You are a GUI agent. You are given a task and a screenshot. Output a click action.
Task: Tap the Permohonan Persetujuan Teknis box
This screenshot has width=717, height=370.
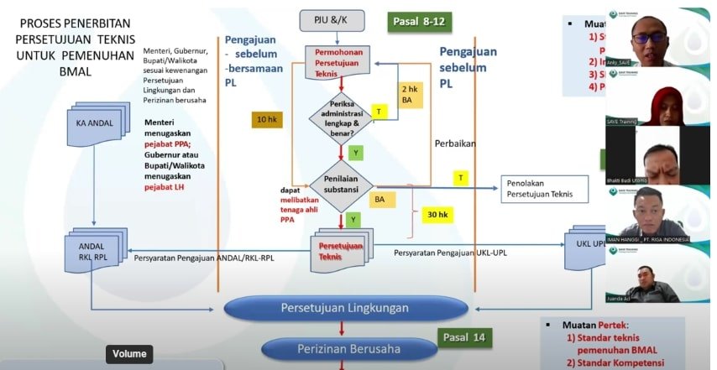pos(340,61)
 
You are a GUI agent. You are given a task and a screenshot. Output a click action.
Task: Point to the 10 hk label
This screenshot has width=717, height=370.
pos(267,120)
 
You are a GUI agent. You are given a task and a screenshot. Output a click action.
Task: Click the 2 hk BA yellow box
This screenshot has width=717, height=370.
pos(410,94)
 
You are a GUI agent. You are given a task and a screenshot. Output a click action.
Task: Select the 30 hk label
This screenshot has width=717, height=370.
pos(437,215)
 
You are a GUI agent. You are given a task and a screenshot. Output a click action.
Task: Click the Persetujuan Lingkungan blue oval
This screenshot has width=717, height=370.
pos(344,308)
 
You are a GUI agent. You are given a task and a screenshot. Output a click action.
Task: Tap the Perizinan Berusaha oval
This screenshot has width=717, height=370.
pos(344,348)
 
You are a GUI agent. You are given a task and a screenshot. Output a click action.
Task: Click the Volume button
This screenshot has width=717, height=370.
pos(129,354)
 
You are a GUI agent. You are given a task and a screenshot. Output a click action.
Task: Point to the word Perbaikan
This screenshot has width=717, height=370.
pos(455,143)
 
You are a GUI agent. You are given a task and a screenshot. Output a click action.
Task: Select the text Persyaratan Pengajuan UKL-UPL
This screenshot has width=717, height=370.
pos(452,253)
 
